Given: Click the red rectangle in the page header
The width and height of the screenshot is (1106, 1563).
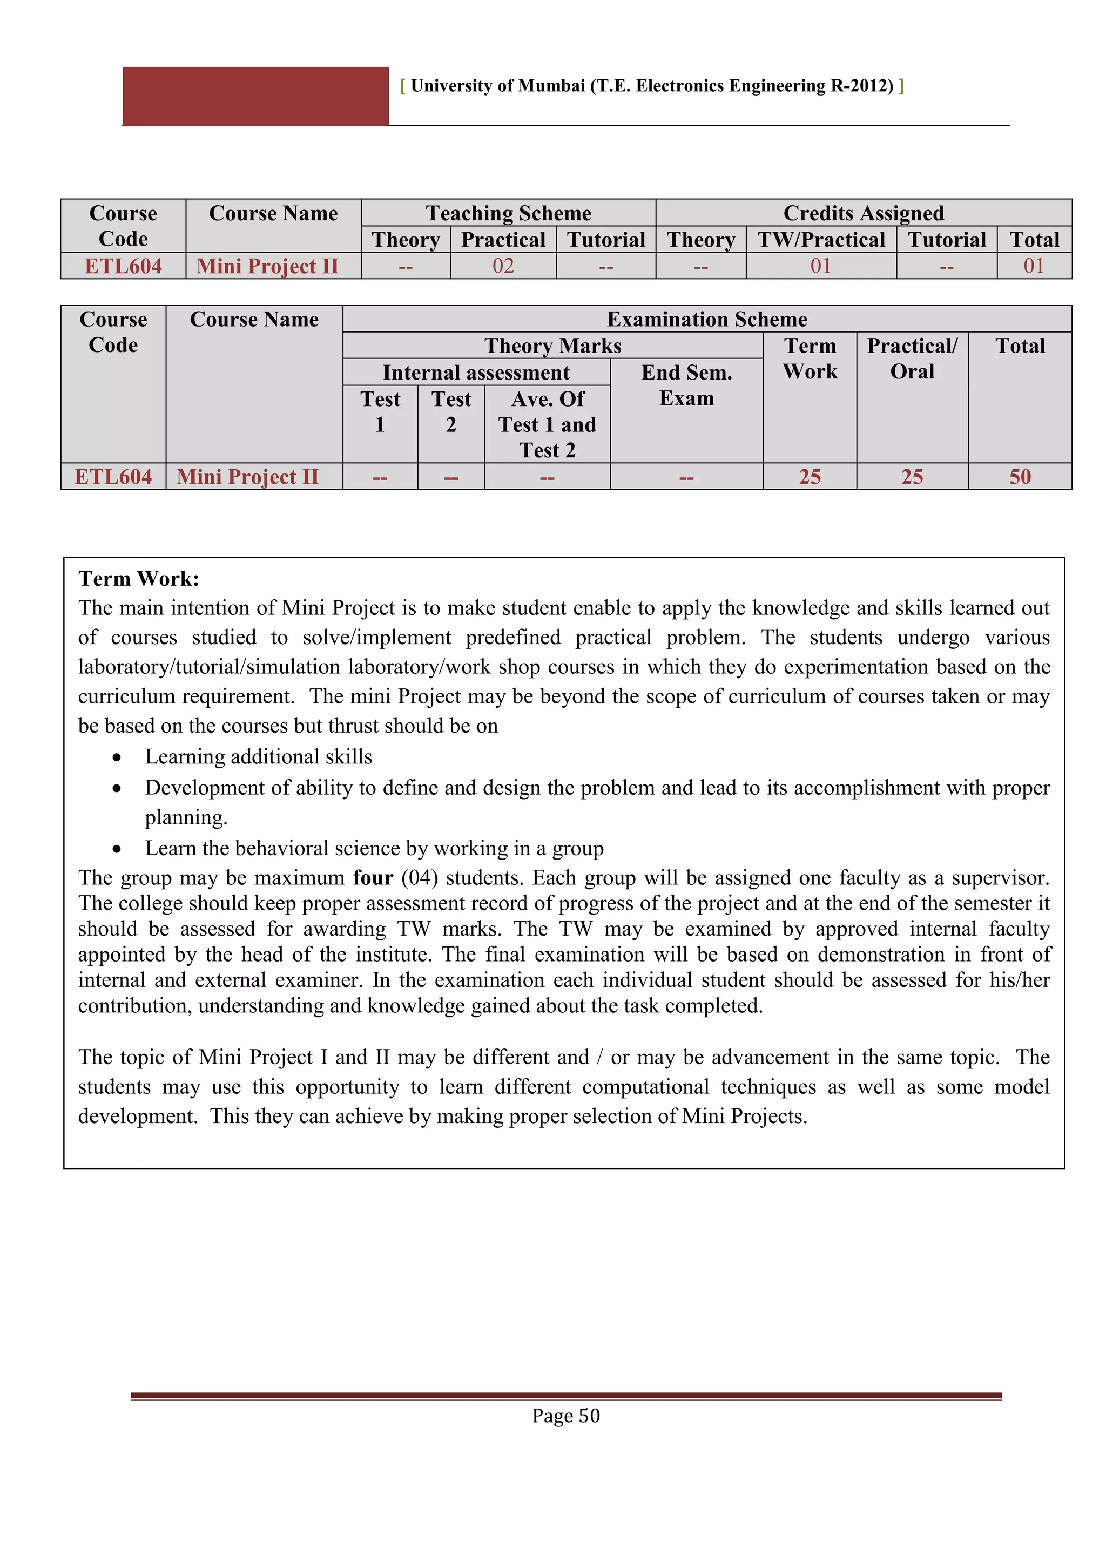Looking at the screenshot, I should (255, 96).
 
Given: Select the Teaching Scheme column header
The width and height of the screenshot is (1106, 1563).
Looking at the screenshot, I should (508, 213).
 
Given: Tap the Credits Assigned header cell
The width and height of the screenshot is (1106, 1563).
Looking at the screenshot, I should (864, 213).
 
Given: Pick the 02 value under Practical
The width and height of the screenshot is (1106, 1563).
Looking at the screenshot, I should (503, 266).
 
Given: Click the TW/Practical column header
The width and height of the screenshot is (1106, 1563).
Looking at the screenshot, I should (821, 240).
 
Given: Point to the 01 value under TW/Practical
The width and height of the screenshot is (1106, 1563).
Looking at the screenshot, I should (821, 266).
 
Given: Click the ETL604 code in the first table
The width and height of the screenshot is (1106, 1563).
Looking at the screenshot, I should (123, 266).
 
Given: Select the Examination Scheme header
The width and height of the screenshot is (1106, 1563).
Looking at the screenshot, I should (707, 319).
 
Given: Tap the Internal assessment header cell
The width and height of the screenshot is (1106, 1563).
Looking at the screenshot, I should (476, 373).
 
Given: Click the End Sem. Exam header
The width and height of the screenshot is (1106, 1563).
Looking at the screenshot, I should (686, 385).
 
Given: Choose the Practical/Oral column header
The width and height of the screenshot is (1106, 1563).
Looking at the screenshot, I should (912, 358).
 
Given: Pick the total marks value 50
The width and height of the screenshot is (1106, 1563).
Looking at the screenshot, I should (1020, 477).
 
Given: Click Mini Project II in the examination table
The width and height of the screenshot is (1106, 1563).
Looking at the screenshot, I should (248, 477).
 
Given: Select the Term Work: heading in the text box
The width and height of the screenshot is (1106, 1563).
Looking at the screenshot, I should (139, 579).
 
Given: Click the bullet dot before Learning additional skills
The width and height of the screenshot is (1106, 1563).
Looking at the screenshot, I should (117, 757).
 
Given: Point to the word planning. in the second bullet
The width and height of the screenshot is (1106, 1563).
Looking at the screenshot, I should (186, 817).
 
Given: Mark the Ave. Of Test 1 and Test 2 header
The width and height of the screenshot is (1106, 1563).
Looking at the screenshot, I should (548, 424).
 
